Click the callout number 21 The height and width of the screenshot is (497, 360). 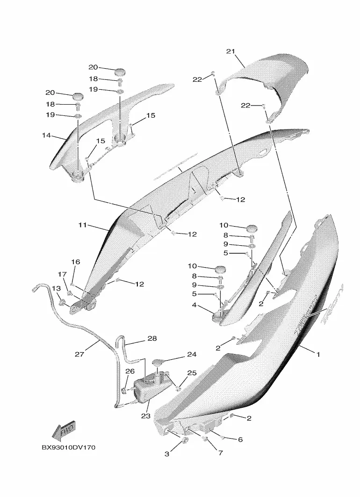point(230,51)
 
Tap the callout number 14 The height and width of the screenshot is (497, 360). point(46,136)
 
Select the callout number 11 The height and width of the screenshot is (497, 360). point(83,225)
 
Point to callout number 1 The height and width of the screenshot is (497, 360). point(318,355)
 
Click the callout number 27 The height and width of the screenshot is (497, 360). point(79,355)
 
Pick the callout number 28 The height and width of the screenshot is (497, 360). point(152,338)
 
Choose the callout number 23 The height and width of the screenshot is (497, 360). point(145,415)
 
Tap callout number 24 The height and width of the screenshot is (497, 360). point(192,355)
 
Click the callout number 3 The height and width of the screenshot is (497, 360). point(167,454)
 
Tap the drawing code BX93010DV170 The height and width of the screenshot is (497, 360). point(68,447)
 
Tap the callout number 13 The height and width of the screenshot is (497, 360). point(56,288)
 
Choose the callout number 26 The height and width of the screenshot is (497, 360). point(130,371)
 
